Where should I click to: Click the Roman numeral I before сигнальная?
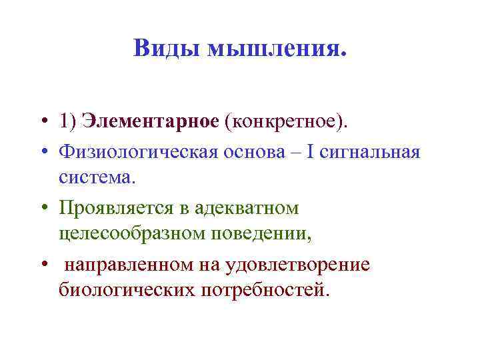310,153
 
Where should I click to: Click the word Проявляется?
119,209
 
